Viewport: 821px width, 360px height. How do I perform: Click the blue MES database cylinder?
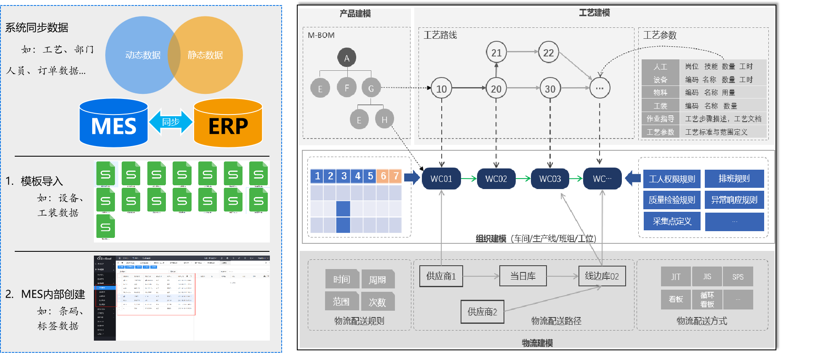click(x=114, y=123)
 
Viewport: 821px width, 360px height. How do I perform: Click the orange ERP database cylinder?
click(x=228, y=123)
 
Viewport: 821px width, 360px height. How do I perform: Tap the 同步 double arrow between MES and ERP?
click(x=171, y=122)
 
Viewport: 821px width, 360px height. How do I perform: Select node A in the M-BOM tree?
click(x=347, y=58)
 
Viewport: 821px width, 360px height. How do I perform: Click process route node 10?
click(x=441, y=88)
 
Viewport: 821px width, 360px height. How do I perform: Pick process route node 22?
click(x=548, y=52)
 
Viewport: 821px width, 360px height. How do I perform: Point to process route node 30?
click(x=550, y=88)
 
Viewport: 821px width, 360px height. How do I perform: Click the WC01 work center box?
click(x=441, y=179)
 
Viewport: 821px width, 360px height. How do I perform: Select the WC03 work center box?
click(x=550, y=179)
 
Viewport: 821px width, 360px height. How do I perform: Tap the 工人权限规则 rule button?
click(x=672, y=179)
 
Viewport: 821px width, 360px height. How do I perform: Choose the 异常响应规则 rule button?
click(x=734, y=200)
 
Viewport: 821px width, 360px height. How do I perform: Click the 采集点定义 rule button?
click(x=672, y=221)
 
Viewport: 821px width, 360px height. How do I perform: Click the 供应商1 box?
click(x=441, y=276)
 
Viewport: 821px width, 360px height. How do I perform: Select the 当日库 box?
click(x=523, y=276)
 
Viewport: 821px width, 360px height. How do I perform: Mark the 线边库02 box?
click(x=602, y=276)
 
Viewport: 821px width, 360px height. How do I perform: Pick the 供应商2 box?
click(x=482, y=312)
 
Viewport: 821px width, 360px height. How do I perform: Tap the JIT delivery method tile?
click(x=676, y=277)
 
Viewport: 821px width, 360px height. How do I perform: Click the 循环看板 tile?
click(x=707, y=299)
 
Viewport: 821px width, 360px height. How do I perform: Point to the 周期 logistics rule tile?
click(x=378, y=280)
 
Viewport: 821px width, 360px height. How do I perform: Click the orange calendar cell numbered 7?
click(x=396, y=176)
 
